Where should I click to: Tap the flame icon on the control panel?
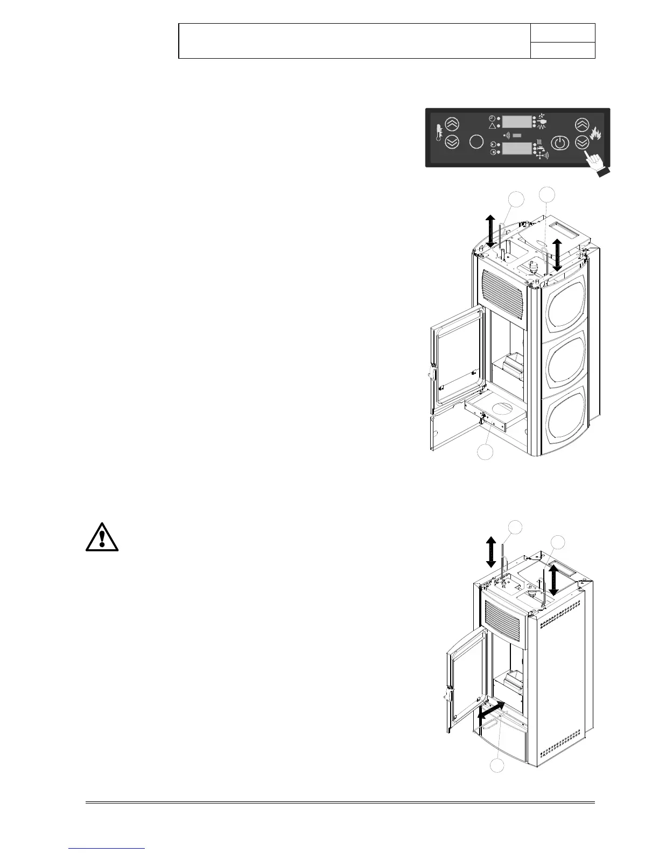pos(596,134)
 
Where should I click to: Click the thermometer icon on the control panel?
pos(439,132)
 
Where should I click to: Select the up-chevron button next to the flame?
pos(581,125)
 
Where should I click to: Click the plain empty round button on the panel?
pos(476,142)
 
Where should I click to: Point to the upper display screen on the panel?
pos(517,121)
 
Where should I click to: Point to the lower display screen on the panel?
pos(517,149)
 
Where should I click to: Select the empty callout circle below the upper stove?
pos(485,452)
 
